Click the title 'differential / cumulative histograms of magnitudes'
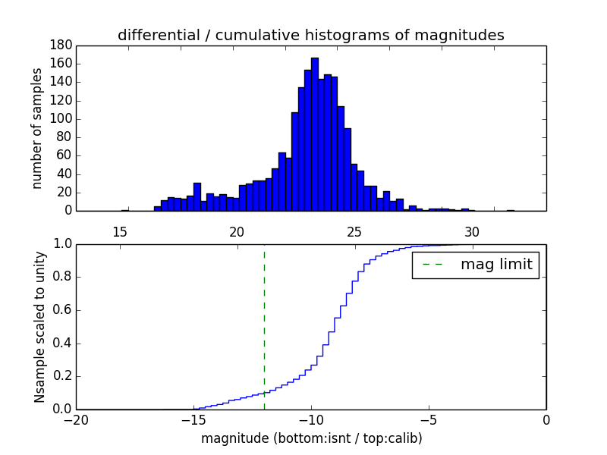[311, 35]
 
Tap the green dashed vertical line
[264, 326]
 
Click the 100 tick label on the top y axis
[62, 118]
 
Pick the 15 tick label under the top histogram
[119, 231]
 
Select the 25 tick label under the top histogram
[354, 231]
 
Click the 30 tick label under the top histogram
[472, 231]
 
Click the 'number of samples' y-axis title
[37, 128]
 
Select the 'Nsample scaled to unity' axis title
[39, 326]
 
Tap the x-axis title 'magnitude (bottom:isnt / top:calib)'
[311, 438]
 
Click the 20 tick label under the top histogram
[237, 231]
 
